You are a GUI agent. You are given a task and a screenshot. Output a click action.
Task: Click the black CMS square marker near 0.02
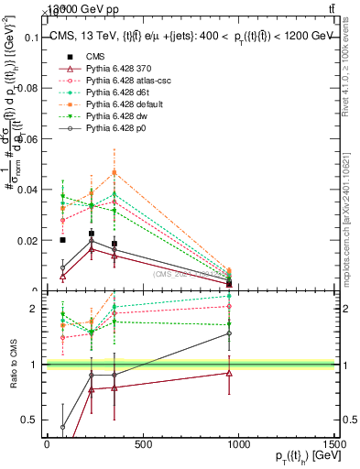point(62,240)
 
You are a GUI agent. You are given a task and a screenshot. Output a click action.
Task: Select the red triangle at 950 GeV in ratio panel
point(229,373)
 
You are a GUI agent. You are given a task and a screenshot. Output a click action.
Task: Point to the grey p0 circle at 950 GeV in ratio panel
point(229,333)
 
